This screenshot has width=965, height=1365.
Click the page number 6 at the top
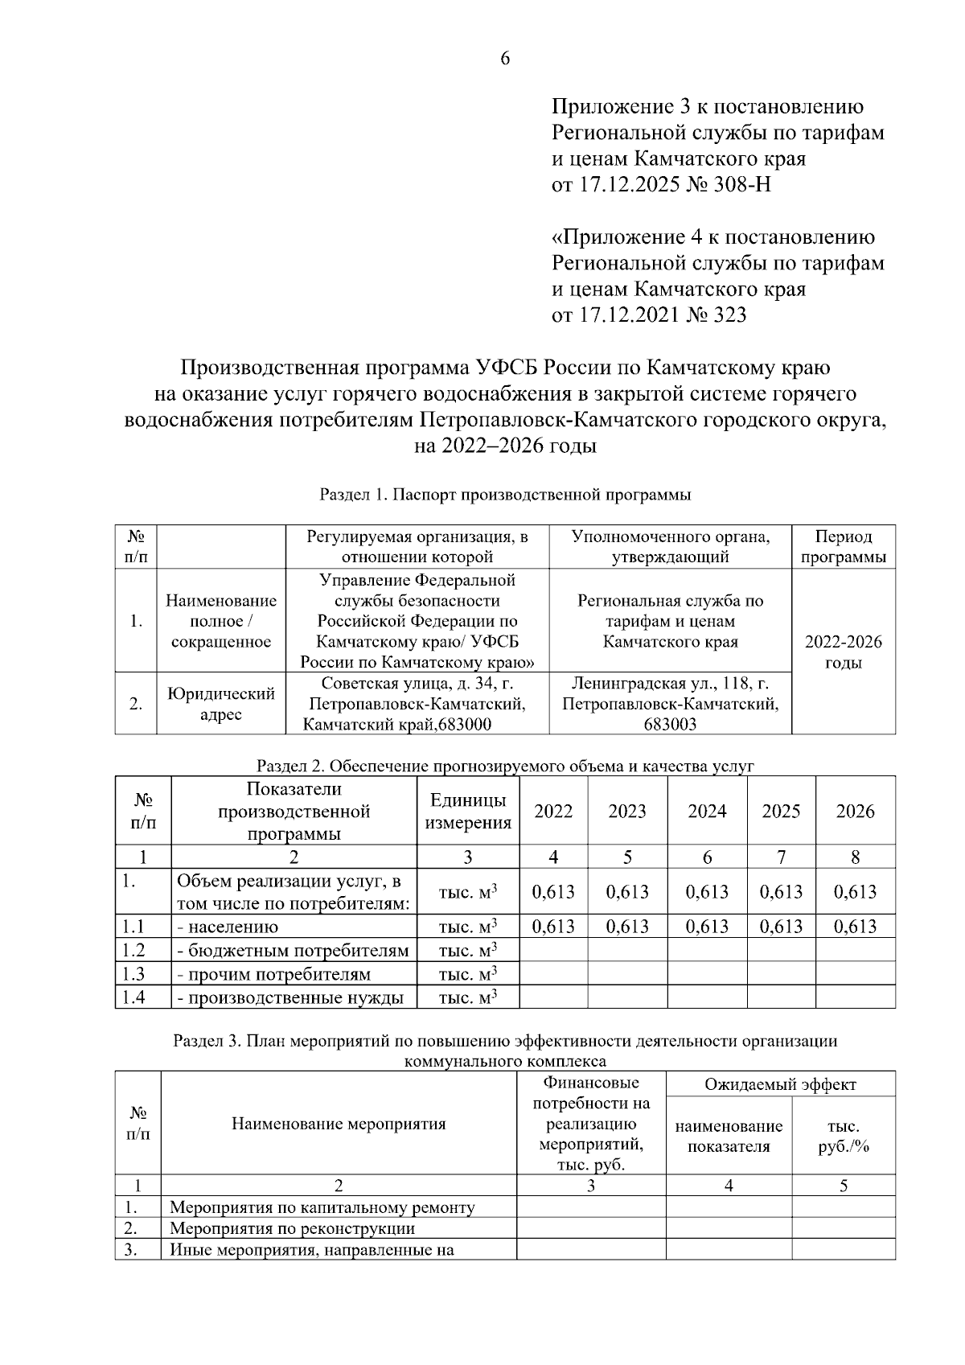pyautogui.click(x=505, y=58)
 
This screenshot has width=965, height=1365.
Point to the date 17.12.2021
pyautogui.click(x=628, y=315)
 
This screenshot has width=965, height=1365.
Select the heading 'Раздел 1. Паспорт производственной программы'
pyautogui.click(x=505, y=495)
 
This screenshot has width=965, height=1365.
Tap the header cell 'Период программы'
pyautogui.click(x=843, y=547)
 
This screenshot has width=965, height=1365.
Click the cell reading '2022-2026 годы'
pyautogui.click(x=843, y=652)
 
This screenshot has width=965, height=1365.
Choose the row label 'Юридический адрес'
pyautogui.click(x=220, y=704)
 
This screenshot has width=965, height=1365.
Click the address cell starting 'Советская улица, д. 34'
pyautogui.click(x=417, y=704)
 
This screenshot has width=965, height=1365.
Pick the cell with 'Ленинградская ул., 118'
pyautogui.click(x=670, y=704)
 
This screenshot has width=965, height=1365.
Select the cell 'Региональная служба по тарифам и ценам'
pyautogui.click(x=670, y=621)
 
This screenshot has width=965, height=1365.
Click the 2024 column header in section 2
pyautogui.click(x=706, y=811)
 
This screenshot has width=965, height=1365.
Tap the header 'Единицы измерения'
pyautogui.click(x=468, y=811)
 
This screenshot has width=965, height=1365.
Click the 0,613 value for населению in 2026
pyautogui.click(x=855, y=927)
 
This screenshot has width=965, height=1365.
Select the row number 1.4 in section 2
pyautogui.click(x=133, y=998)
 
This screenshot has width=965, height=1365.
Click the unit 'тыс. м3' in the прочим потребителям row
pyautogui.click(x=468, y=975)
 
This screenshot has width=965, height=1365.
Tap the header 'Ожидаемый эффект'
pyautogui.click(x=780, y=1084)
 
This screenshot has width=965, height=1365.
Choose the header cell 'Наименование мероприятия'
pyautogui.click(x=339, y=1124)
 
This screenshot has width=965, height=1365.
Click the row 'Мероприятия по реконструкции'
pyautogui.click(x=292, y=1228)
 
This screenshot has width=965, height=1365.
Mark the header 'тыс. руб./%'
pyautogui.click(x=843, y=1137)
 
